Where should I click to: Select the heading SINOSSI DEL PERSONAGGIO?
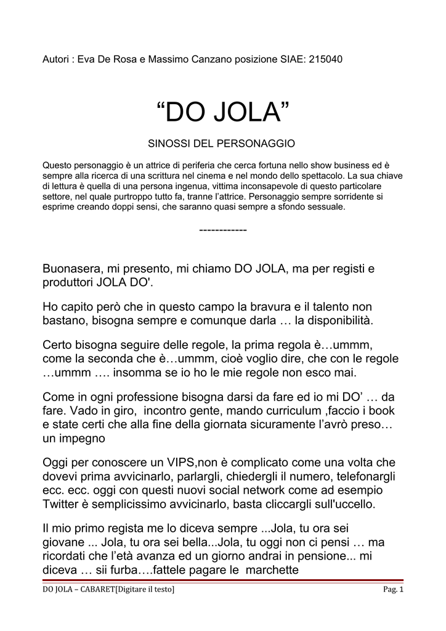point(222,144)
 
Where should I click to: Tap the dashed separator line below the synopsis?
point(223,229)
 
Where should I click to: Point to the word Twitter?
point(62,504)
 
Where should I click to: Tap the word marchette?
point(272,570)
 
